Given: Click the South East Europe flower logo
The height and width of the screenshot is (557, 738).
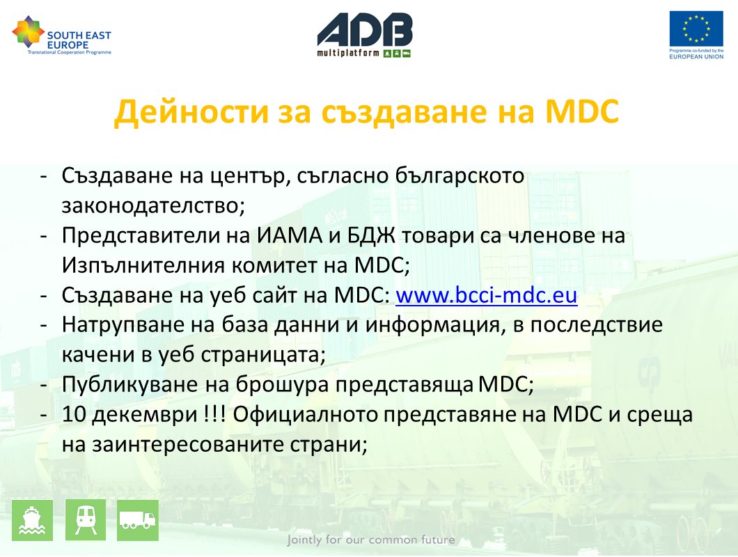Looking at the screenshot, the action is point(29,31).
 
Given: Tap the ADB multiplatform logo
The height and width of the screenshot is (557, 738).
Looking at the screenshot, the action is point(365,36).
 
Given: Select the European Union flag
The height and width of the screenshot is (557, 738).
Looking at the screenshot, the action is point(696,29).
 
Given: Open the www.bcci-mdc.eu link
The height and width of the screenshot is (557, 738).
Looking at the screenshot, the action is point(486,296).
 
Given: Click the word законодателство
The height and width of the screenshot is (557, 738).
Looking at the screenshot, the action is point(153,206).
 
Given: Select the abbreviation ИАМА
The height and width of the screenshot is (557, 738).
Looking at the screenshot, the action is point(290,235).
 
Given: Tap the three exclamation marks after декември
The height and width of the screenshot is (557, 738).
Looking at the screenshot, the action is point(214,414).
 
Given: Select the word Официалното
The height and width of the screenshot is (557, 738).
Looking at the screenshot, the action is point(306,415).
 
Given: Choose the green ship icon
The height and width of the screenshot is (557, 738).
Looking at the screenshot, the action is point(33,520).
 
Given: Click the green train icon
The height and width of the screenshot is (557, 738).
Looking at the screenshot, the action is point(86,520).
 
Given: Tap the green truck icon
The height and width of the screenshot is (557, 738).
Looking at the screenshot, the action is point(137,520).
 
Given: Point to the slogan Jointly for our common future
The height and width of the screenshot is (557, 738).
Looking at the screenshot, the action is point(371,540).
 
